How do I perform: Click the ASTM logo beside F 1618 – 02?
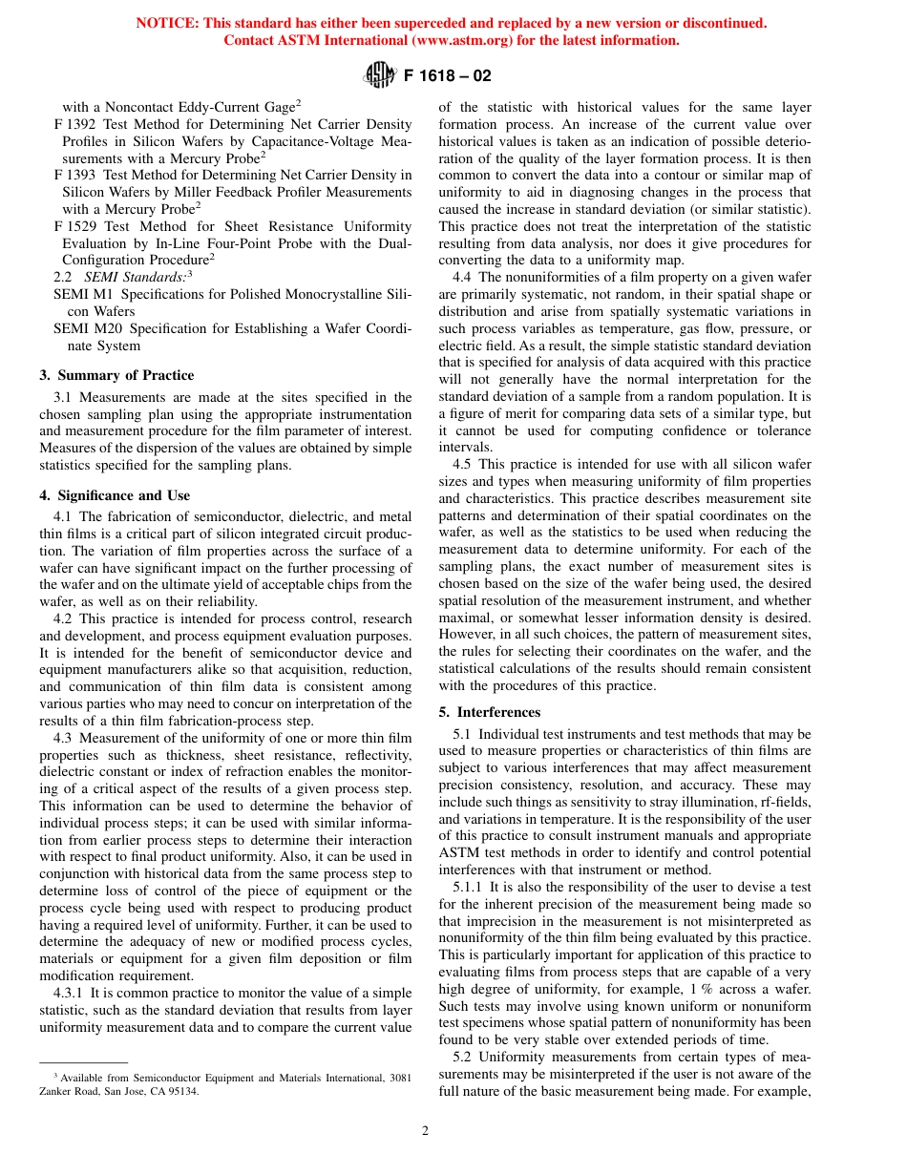click(x=380, y=74)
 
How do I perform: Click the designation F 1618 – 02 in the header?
click(x=448, y=75)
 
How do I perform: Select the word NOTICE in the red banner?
click(x=165, y=23)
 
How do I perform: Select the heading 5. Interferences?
click(x=489, y=712)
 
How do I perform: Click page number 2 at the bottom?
click(x=426, y=1131)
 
